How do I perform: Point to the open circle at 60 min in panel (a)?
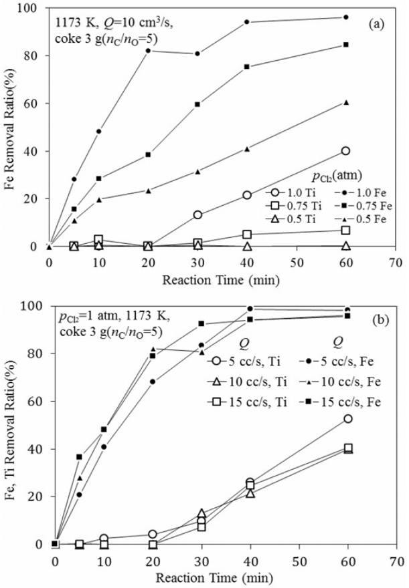tap(345, 151)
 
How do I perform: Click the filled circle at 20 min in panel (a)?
tap(148, 51)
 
